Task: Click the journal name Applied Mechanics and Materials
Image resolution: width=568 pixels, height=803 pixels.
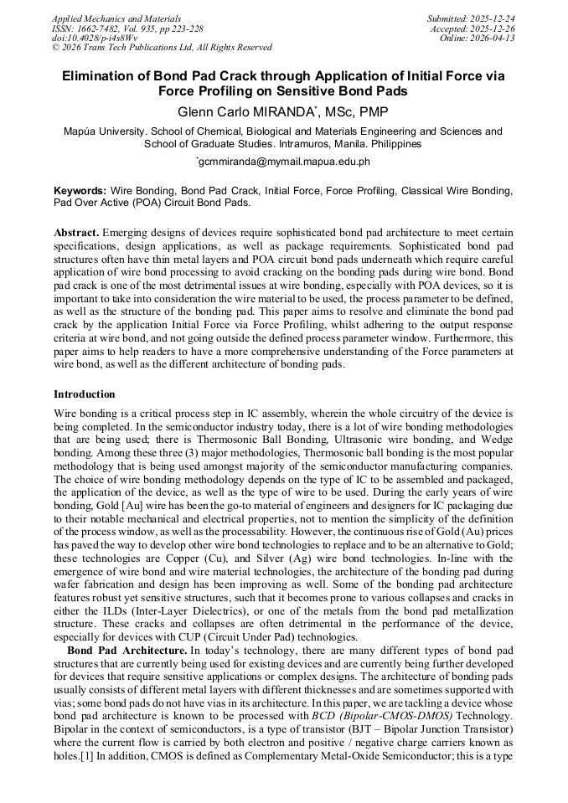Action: (116, 18)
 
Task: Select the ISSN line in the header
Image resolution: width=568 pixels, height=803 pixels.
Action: (127, 28)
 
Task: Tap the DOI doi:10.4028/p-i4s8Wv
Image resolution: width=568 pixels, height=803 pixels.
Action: (95, 38)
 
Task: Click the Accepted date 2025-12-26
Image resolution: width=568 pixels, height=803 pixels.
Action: (494, 28)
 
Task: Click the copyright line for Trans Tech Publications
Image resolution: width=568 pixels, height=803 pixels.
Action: (162, 48)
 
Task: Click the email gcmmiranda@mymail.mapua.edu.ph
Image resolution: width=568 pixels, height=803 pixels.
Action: (285, 162)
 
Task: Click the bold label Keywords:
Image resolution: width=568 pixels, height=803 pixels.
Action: (80, 191)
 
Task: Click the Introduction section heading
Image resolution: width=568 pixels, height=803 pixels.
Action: (85, 394)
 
